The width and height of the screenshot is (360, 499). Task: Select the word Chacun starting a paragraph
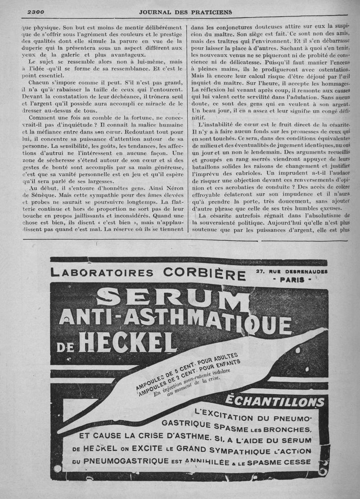39,83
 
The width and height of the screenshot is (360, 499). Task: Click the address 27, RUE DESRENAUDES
292,271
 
